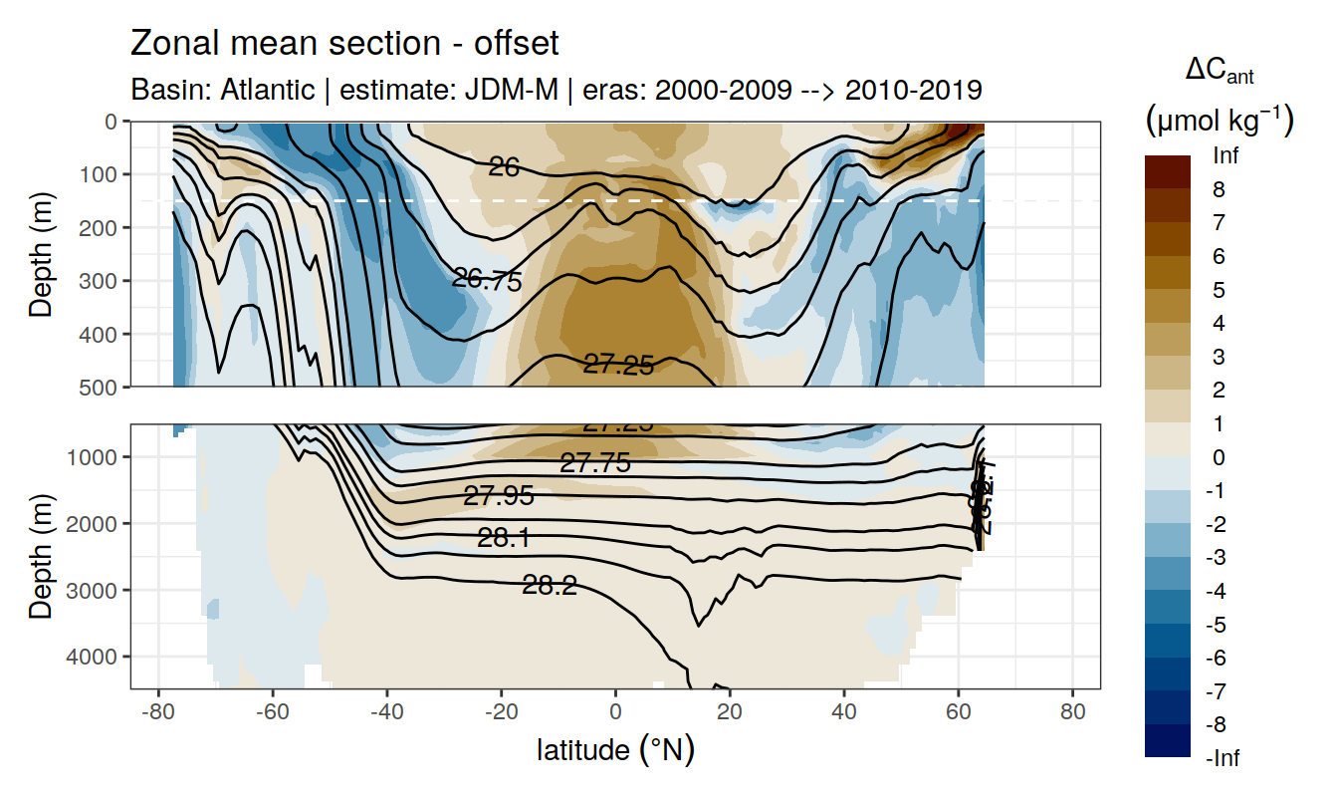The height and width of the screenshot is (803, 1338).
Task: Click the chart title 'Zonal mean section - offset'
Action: (x=344, y=44)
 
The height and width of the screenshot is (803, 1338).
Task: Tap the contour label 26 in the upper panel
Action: (x=504, y=167)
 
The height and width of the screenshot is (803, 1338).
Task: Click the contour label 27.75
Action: (x=595, y=463)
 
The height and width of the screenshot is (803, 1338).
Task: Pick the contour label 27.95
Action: (x=499, y=496)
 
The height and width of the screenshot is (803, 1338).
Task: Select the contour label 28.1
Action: (x=503, y=539)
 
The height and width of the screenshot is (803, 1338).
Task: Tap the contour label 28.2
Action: (x=550, y=586)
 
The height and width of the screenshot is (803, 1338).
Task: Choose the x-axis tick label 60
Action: (x=958, y=714)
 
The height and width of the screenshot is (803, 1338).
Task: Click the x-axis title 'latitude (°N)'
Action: (x=615, y=749)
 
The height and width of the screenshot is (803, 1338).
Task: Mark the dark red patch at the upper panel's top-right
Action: (x=966, y=131)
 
